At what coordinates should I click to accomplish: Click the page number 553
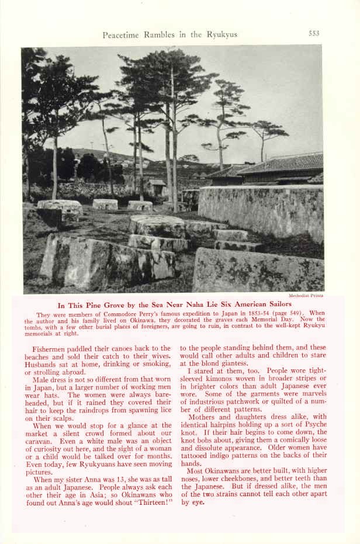point(314,33)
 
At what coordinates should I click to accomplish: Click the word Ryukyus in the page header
point(221,34)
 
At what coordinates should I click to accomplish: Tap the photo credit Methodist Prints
point(306,296)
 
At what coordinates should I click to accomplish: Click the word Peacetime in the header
point(122,34)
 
